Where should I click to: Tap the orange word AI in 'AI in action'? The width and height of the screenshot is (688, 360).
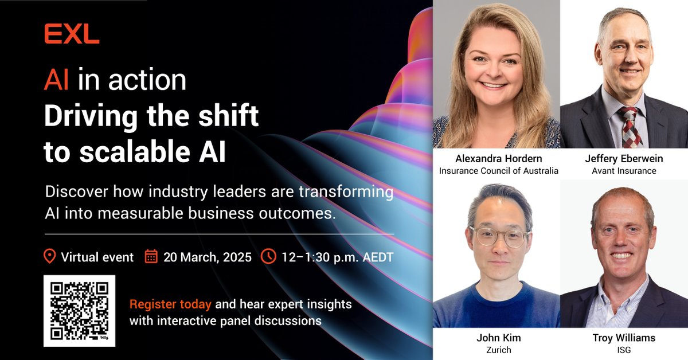pyautogui.click(x=57, y=80)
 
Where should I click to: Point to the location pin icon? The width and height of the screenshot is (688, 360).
pyautogui.click(x=50, y=256)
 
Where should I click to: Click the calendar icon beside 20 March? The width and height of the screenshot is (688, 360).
pyautogui.click(x=151, y=256)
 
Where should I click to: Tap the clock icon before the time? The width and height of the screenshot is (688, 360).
pyautogui.click(x=268, y=256)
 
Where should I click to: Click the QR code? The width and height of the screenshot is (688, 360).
pyautogui.click(x=79, y=311)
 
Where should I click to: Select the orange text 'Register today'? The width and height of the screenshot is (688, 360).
pyautogui.click(x=170, y=304)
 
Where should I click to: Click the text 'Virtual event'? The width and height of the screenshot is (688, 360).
pyautogui.click(x=97, y=257)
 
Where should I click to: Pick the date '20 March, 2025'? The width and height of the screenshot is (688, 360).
pyautogui.click(x=208, y=257)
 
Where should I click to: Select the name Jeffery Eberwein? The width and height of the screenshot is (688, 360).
pyautogui.click(x=624, y=159)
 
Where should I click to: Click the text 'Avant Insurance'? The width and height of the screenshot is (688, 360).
pyautogui.click(x=624, y=170)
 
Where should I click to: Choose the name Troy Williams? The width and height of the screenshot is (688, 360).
pyautogui.click(x=624, y=338)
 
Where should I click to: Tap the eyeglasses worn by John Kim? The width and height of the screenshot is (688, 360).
pyautogui.click(x=498, y=235)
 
